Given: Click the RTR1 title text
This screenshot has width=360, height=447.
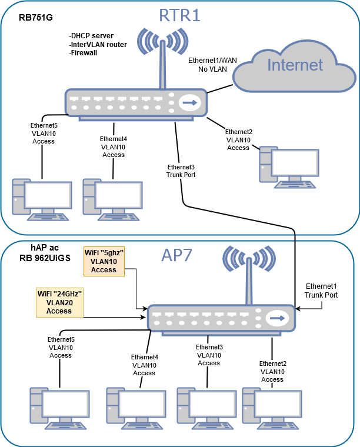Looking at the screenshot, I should (x=179, y=14).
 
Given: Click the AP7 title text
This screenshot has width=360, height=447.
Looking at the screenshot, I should (x=179, y=256).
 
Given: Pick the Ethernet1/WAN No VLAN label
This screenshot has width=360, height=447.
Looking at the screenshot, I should (x=208, y=65).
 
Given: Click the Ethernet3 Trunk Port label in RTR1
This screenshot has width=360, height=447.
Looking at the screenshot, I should (x=181, y=171).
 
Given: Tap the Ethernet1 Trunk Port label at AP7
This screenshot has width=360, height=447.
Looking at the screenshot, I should (x=321, y=290).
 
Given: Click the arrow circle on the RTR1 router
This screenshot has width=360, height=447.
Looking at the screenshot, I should (x=189, y=103).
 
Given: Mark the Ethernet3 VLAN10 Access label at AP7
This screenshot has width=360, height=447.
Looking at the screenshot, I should (x=209, y=355).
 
